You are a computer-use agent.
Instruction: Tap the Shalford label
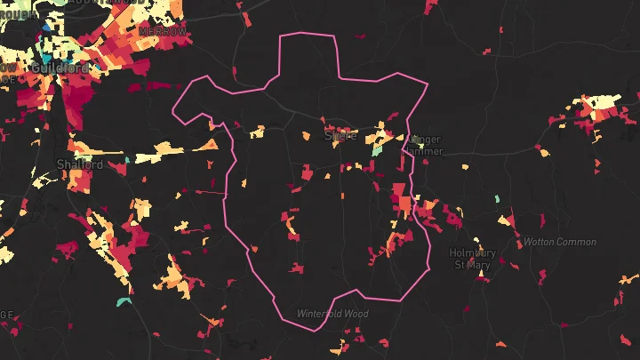79,165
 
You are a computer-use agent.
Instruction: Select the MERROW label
164,31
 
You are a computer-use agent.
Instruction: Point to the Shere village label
340,136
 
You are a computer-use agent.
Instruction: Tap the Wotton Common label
560,242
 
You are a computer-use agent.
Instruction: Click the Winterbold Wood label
332,314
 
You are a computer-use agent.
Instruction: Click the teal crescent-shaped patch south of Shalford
123,302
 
